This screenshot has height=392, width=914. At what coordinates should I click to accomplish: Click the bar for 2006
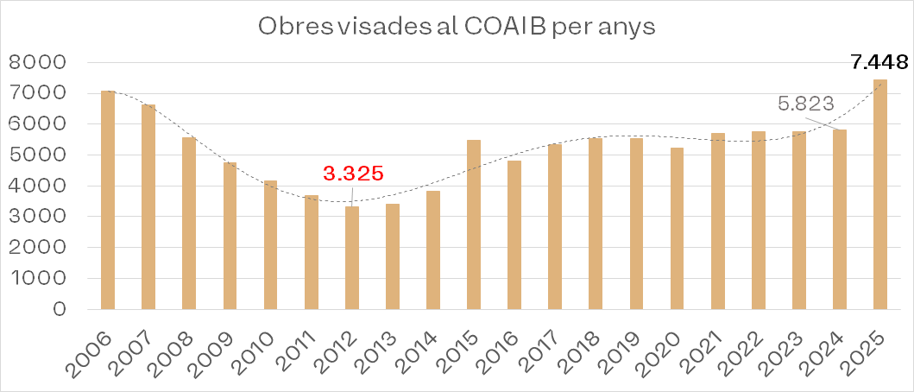108,199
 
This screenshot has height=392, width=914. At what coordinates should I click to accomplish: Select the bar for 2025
880,194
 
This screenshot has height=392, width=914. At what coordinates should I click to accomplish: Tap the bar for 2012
352,257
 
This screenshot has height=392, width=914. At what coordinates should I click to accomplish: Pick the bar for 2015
474,224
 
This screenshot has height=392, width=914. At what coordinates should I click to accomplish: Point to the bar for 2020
677,228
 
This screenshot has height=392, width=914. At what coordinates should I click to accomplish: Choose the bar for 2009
230,236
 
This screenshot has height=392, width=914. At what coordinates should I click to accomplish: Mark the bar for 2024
840,219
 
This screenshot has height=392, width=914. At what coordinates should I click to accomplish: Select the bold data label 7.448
879,62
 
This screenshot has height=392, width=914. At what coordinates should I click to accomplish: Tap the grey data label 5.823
806,104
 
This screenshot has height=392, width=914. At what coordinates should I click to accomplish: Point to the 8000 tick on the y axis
36,63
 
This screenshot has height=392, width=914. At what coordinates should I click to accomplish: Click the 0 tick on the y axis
60,309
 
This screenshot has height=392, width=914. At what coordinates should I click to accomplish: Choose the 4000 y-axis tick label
36,186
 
